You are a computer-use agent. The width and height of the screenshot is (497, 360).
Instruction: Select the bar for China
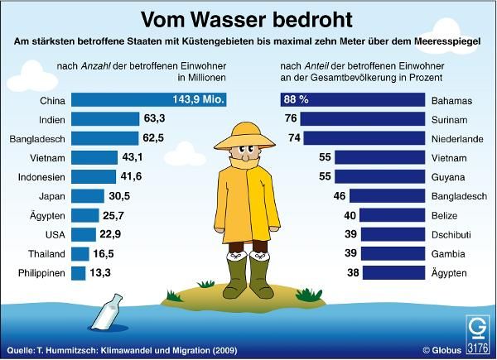(x=149, y=99)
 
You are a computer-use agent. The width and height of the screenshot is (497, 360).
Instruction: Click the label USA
(x=53, y=234)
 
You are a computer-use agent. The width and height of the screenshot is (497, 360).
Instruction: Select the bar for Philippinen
(x=79, y=272)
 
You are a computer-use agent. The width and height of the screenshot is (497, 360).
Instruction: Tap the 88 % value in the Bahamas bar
(x=297, y=100)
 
